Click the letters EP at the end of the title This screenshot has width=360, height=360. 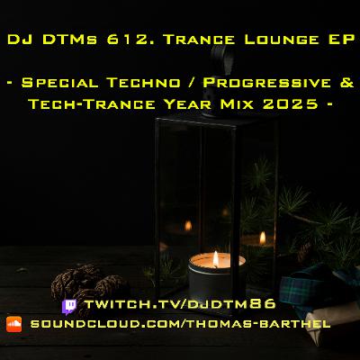339,41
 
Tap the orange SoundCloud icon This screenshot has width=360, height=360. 13,323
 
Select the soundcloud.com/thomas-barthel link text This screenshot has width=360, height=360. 180,323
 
